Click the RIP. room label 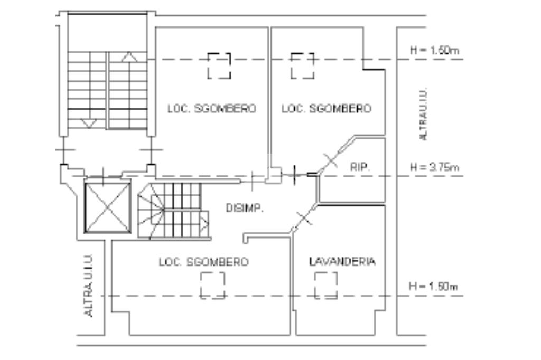[x=360, y=167]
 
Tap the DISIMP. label [x=245, y=208]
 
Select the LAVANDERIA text [x=342, y=261]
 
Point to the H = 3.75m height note [x=434, y=167]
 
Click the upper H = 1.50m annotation [x=434, y=51]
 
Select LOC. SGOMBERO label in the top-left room [x=212, y=109]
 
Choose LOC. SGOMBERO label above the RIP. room [x=326, y=109]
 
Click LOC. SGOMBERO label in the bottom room [x=204, y=262]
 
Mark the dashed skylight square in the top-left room [x=219, y=65]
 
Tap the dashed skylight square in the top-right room [x=303, y=65]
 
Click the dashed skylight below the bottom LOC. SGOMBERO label [x=212, y=286]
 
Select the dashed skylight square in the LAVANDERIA [x=326, y=286]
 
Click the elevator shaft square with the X [x=107, y=207]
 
